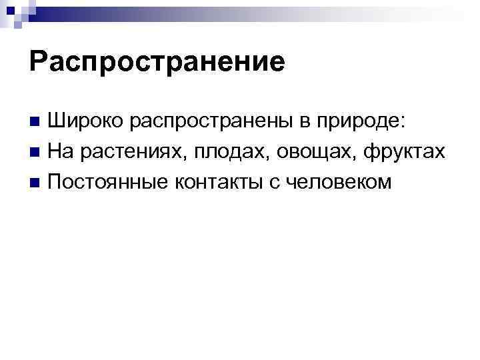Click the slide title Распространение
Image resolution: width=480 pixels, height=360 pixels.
click(157, 62)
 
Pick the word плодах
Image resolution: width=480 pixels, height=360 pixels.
click(225, 152)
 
